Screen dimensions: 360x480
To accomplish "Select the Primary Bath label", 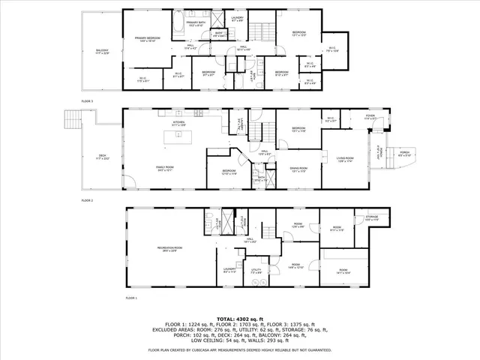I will (196, 24).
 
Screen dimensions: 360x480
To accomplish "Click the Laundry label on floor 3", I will (257, 18).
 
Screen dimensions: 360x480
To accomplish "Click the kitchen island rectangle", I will (178, 135).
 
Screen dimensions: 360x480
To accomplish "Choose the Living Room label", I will (344, 158).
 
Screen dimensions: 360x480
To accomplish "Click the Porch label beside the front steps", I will (404, 154).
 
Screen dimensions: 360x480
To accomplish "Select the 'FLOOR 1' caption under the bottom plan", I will (131, 298).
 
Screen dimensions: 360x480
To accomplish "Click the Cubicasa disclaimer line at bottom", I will (239, 350).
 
